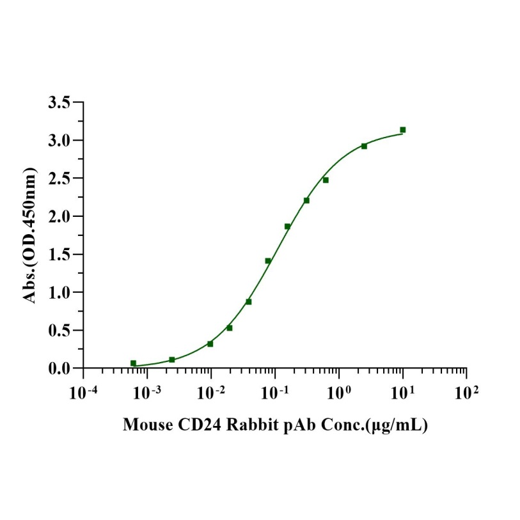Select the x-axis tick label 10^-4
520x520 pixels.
83,391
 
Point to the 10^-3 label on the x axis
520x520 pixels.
147,391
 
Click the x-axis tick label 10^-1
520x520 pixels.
275,391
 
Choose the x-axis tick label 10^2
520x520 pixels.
466,391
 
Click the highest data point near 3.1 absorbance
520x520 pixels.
403,130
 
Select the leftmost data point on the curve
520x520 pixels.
133,363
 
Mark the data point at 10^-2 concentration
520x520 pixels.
210,344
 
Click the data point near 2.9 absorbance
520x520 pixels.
364,146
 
